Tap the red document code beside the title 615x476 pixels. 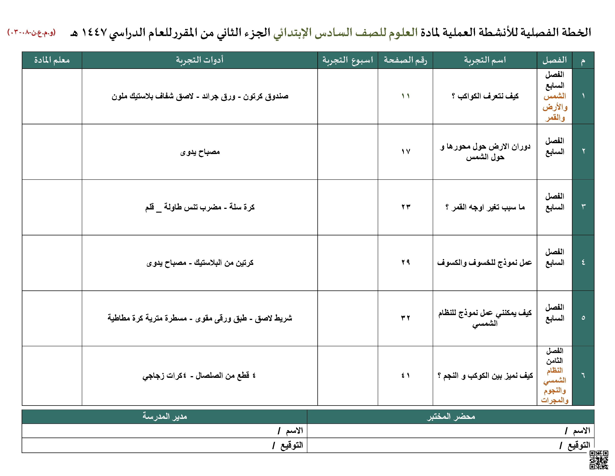click(31, 32)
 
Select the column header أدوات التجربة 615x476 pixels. click(200, 60)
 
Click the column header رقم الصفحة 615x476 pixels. click(405, 60)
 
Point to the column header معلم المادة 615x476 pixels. click(52, 60)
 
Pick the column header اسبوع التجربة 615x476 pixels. click(348, 60)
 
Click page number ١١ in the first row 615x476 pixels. click(406, 96)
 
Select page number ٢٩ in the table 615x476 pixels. click(406, 262)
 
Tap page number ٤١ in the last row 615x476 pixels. click(406, 376)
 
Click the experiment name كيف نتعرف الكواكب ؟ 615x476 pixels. click(485, 96)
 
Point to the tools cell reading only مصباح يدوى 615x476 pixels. click(200, 152)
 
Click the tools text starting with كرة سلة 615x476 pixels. click(200, 207)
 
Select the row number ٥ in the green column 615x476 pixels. click(583, 318)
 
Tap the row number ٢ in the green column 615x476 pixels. click(583, 151)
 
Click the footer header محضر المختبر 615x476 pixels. click(451, 416)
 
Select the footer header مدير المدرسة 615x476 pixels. click(164, 416)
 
